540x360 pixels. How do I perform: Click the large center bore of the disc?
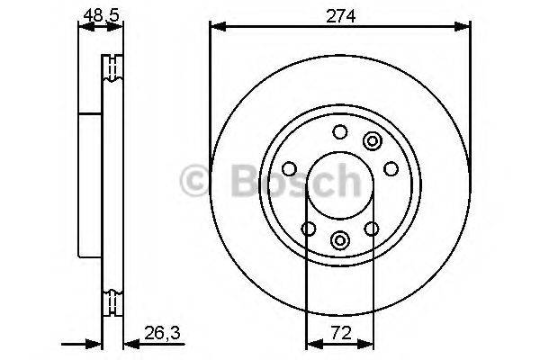(339, 184)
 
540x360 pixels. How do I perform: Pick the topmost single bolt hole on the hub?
(339, 133)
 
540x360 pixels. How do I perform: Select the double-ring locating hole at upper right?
(372, 140)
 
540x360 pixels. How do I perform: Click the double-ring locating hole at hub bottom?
(340, 239)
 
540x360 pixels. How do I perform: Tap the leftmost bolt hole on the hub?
(290, 168)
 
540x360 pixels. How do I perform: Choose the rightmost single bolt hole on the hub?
(391, 168)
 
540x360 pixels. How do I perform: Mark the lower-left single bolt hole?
(309, 229)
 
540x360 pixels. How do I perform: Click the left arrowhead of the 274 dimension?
(216, 27)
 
